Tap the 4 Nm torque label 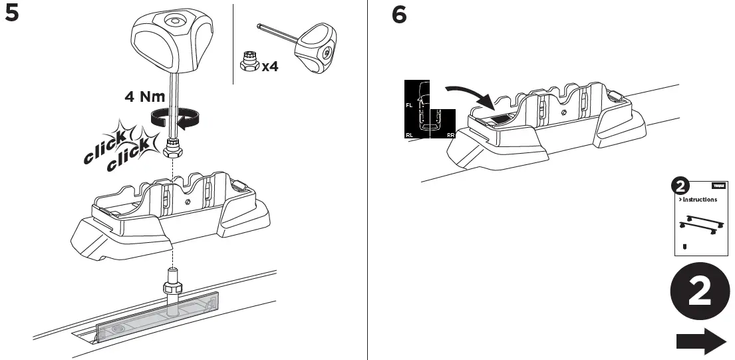pyautogui.click(x=144, y=97)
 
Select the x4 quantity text pyautogui.click(x=269, y=67)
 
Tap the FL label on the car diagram pyautogui.click(x=408, y=105)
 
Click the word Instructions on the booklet pyautogui.click(x=698, y=199)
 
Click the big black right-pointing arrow pyautogui.click(x=700, y=341)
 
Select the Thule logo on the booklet pyautogui.click(x=719, y=186)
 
